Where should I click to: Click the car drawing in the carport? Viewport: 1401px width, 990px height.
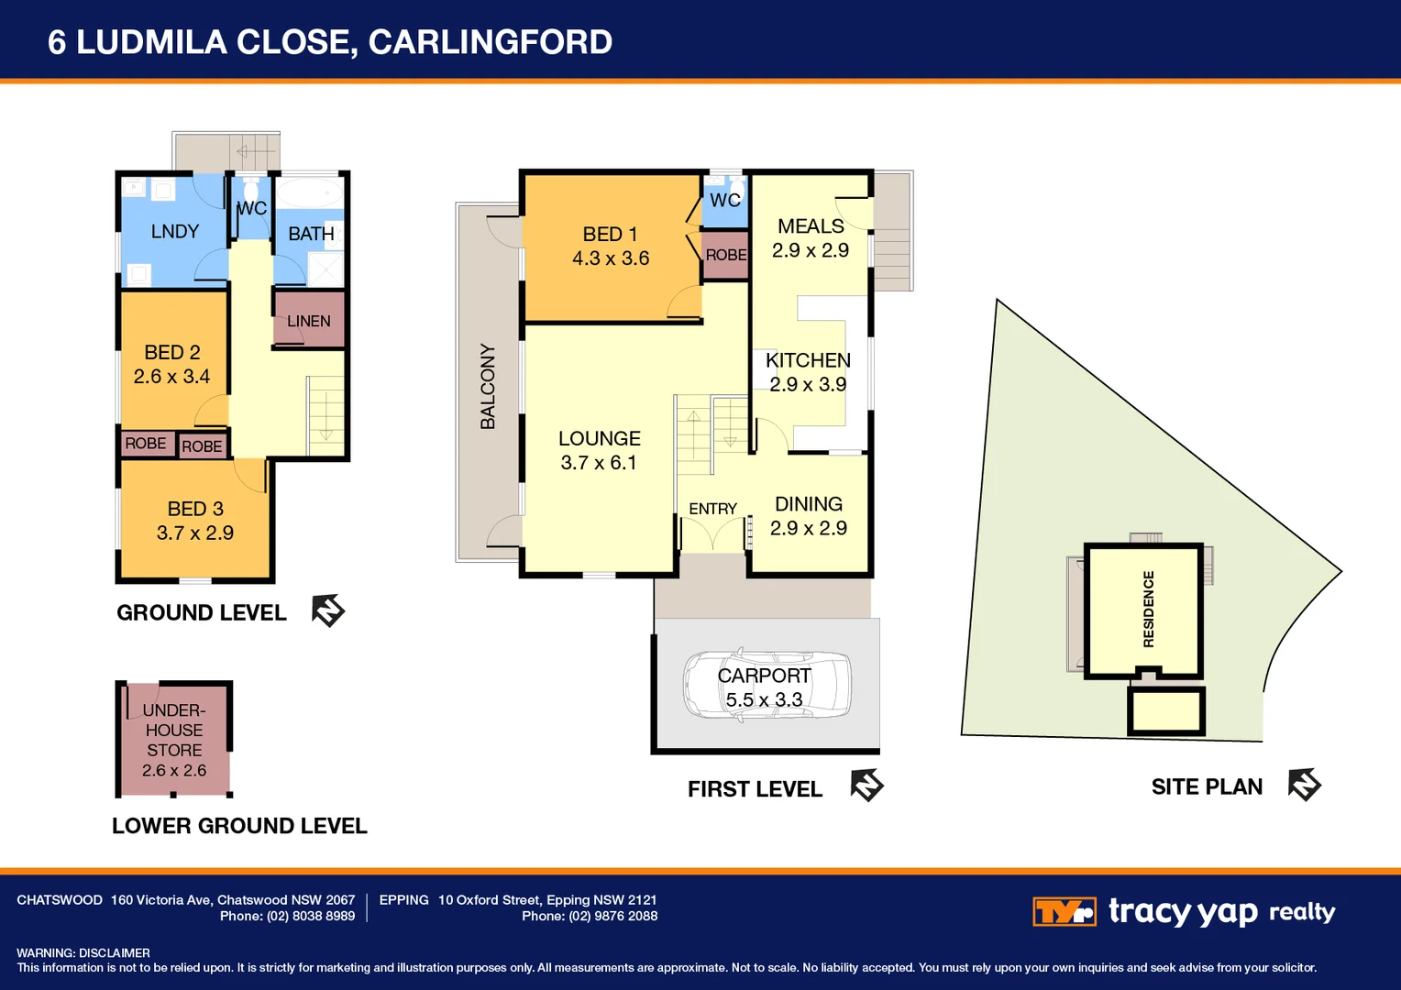[x=767, y=685]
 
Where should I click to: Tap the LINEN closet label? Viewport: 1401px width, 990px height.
[x=308, y=321]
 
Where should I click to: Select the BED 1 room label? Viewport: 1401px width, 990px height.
[x=610, y=235]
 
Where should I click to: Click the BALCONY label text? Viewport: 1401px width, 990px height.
[x=488, y=386]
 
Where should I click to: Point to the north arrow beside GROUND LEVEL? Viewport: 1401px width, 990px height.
[x=327, y=610]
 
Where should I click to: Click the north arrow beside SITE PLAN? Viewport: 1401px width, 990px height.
[x=1304, y=785]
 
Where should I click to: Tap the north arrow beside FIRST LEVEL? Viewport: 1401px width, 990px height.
[x=866, y=786]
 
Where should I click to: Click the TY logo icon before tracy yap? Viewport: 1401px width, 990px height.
[x=1064, y=911]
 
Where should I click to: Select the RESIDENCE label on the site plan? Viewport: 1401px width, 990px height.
[x=1149, y=609]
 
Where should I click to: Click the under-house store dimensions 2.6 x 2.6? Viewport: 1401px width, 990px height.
[x=174, y=770]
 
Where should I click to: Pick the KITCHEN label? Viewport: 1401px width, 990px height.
[x=808, y=360]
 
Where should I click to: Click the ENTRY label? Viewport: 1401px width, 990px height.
[x=712, y=509]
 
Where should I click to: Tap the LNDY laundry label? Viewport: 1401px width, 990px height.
[x=175, y=231]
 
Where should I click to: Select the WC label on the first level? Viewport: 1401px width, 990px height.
[x=725, y=200]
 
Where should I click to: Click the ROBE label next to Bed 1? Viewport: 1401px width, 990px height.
[x=726, y=255]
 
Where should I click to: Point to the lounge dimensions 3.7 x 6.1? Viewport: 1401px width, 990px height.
[x=599, y=463]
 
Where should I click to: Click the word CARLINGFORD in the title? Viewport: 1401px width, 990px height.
[x=491, y=42]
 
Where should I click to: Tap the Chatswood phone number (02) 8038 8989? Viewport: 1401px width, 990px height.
[x=311, y=916]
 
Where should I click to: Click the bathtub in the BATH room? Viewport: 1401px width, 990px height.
[x=309, y=193]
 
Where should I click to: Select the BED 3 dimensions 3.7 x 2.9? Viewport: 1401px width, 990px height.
[x=195, y=533]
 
